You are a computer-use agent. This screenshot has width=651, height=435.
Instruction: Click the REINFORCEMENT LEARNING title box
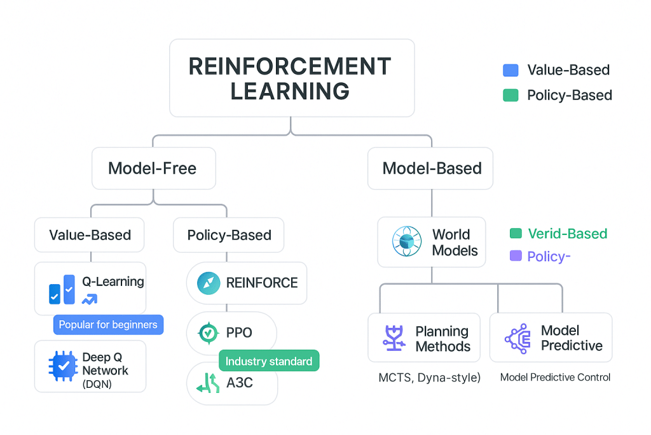tap(292, 78)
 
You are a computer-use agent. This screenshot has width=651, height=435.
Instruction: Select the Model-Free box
tap(153, 168)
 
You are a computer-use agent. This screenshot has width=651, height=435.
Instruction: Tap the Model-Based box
tap(431, 168)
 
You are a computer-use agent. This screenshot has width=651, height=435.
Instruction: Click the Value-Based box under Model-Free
tap(90, 235)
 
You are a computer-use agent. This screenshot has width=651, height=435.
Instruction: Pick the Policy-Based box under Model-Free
tap(229, 235)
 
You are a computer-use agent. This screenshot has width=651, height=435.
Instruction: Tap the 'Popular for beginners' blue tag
tap(108, 325)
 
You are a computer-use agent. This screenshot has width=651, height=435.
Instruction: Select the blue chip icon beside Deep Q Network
tap(63, 366)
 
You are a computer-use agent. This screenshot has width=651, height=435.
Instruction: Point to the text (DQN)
tap(97, 383)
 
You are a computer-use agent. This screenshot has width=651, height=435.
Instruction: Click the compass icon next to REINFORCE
tap(208, 283)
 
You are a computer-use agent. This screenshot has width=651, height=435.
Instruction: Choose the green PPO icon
tap(208, 332)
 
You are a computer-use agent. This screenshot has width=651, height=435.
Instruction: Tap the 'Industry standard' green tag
tap(269, 361)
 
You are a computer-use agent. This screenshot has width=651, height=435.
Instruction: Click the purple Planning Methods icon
tap(395, 339)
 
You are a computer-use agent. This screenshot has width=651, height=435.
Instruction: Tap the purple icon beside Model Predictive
tap(517, 338)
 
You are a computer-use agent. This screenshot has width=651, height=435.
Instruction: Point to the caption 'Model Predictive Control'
tap(555, 378)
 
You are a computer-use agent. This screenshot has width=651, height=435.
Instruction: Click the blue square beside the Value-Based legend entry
tap(510, 70)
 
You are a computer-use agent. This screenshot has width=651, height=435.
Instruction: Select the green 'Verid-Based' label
tap(567, 234)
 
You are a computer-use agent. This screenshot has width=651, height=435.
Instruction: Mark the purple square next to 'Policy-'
tap(516, 256)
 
